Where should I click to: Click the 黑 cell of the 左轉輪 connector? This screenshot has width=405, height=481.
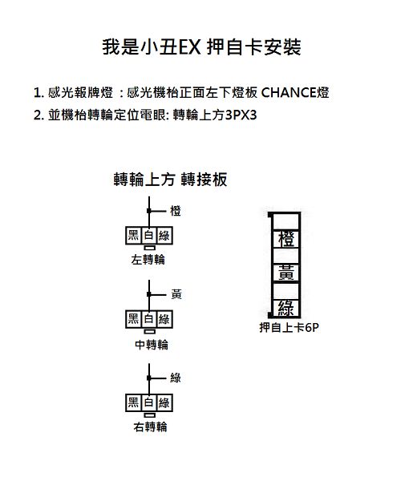pyautogui.click(x=133, y=236)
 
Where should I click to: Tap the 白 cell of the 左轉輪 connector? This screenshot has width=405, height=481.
pyautogui.click(x=149, y=236)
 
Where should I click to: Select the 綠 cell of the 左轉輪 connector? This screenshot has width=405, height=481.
pyautogui.click(x=164, y=236)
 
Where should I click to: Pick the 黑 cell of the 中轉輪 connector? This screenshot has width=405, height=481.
pyautogui.click(x=133, y=319)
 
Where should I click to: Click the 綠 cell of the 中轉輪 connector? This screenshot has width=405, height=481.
pyautogui.click(x=164, y=319)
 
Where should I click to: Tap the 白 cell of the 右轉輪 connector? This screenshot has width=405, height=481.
pyautogui.click(x=149, y=402)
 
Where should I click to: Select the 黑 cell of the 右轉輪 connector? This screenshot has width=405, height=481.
pyautogui.click(x=133, y=402)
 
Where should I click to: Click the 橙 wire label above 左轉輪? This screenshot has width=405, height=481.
pyautogui.click(x=176, y=211)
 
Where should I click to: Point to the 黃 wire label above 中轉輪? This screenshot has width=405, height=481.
pyautogui.click(x=176, y=294)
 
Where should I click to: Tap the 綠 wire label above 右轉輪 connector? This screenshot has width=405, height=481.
pyautogui.click(x=176, y=378)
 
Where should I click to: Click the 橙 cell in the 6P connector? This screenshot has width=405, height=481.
pyautogui.click(x=286, y=239)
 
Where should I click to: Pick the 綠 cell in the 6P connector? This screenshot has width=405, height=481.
pyautogui.click(x=286, y=308)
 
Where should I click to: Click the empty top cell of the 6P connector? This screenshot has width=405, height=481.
pyautogui.click(x=286, y=221)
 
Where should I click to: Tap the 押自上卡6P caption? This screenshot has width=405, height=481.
pyautogui.click(x=289, y=328)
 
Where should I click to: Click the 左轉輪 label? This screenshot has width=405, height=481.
pyautogui.click(x=148, y=260)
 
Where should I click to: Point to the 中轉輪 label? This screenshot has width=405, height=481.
pyautogui.click(x=152, y=345)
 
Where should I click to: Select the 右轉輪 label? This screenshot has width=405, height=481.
pyautogui.click(x=150, y=426)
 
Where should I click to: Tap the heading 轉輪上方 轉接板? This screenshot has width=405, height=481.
pyautogui.click(x=170, y=180)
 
